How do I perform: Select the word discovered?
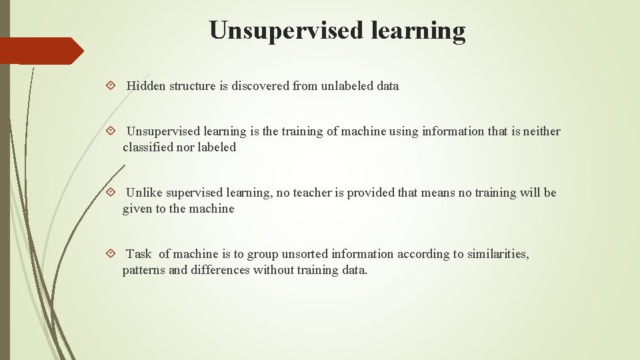[261, 86]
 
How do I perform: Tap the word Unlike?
[144, 193]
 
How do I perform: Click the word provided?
[370, 193]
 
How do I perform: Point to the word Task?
[139, 254]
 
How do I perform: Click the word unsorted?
[305, 254]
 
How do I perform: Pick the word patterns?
[144, 270]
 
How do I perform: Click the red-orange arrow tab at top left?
[40, 51]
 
